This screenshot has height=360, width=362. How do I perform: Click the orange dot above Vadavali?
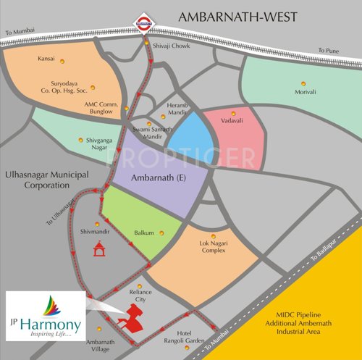point(233,114)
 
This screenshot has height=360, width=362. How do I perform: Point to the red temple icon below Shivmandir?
point(98,248)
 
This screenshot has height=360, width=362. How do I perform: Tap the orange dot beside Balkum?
point(161,233)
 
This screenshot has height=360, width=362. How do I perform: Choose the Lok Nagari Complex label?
point(214,251)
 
